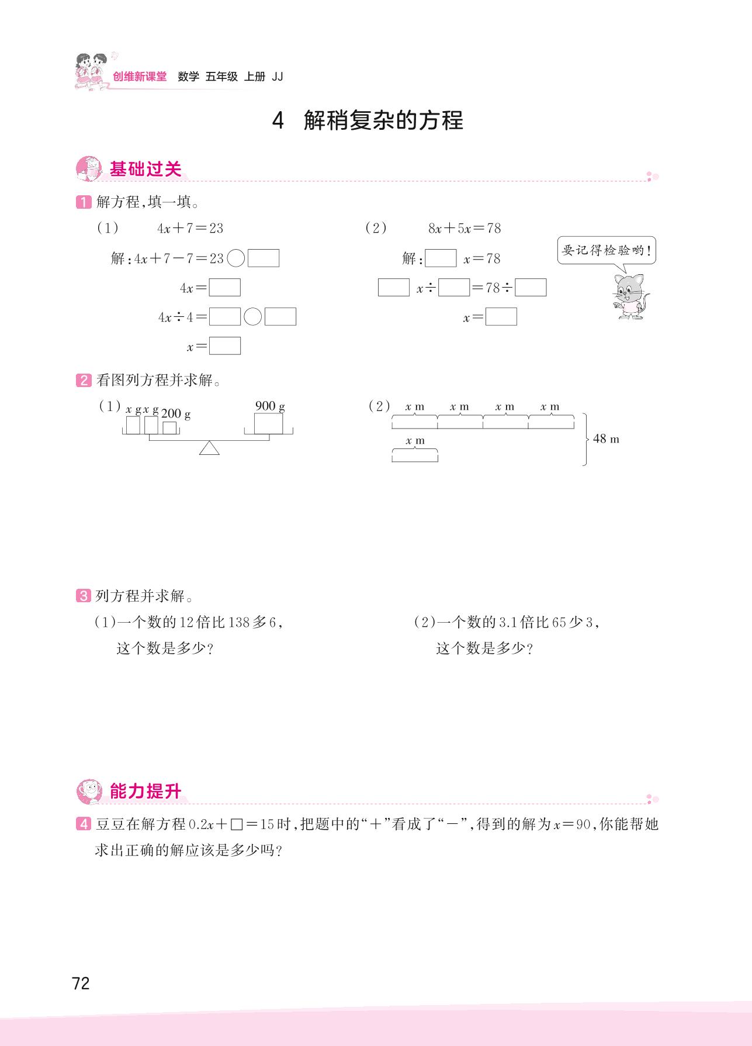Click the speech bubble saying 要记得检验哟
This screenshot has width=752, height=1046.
[x=607, y=251]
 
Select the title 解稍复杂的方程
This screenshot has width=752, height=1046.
[x=383, y=121]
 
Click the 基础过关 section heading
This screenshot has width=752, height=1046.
[x=145, y=169]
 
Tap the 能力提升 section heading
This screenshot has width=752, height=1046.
[x=145, y=792]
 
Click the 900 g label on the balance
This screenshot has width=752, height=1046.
[x=270, y=406]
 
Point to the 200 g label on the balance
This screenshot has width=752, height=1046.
[x=176, y=414]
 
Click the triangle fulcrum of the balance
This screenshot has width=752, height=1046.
[x=209, y=448]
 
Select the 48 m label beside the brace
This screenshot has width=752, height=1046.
[x=606, y=439]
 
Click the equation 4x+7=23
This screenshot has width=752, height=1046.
[x=190, y=228]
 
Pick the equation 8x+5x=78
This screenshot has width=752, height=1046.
[x=465, y=228]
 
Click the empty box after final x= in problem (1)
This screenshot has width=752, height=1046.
[x=225, y=346]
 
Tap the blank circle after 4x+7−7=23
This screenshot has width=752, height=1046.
[x=235, y=258]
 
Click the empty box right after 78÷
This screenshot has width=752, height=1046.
[x=531, y=288]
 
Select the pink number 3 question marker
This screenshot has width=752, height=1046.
[x=83, y=596]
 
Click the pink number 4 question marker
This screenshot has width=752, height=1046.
[x=83, y=824]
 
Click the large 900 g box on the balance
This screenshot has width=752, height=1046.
[x=268, y=424]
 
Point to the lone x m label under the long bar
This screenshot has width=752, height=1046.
[x=415, y=441]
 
